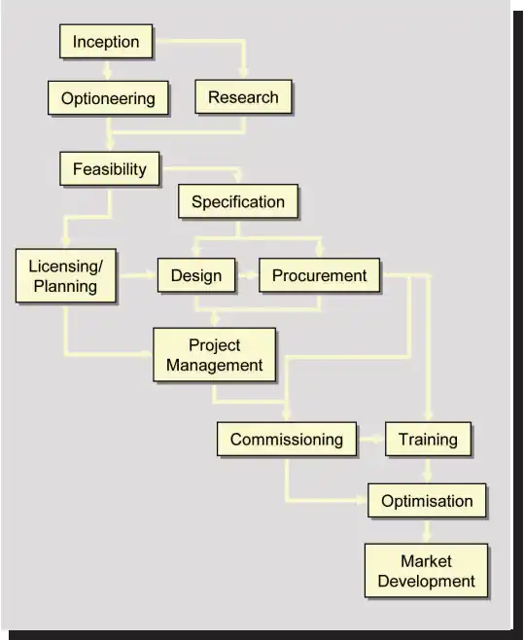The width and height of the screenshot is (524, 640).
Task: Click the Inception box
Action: click(x=106, y=41)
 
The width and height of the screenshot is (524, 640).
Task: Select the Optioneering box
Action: click(x=108, y=98)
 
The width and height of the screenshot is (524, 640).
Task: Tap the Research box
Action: click(x=243, y=96)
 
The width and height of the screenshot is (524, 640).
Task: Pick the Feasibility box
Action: click(x=110, y=169)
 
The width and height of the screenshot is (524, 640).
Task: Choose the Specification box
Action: click(x=238, y=201)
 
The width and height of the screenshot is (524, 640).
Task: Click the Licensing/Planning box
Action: click(x=66, y=276)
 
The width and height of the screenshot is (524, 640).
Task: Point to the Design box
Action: click(x=196, y=275)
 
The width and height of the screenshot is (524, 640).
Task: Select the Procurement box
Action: click(x=319, y=275)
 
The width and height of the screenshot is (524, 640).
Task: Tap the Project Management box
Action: click(x=214, y=355)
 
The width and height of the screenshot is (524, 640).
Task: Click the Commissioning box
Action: click(x=287, y=440)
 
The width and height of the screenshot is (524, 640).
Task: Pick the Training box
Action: click(x=428, y=440)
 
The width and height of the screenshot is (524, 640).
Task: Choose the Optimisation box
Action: click(x=427, y=500)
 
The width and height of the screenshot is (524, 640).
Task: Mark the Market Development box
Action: click(x=426, y=571)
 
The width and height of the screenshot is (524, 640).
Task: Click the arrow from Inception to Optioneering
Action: click(x=107, y=69)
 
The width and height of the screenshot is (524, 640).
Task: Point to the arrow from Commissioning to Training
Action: click(x=371, y=440)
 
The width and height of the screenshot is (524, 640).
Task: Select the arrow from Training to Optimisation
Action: click(x=427, y=470)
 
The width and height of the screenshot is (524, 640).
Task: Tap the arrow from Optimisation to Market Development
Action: click(x=427, y=530)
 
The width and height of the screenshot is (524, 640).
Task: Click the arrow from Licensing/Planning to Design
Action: click(x=137, y=275)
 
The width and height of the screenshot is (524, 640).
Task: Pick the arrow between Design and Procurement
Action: click(x=247, y=275)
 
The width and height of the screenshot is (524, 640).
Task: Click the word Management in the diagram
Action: click(x=214, y=365)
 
